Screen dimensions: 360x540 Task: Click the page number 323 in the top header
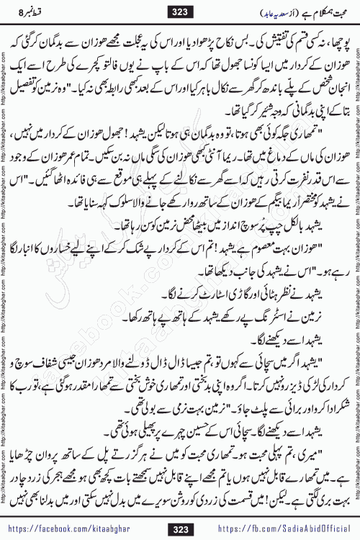(180, 11)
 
